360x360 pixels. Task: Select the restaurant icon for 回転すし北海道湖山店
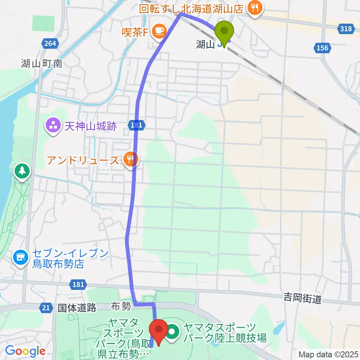[255, 8]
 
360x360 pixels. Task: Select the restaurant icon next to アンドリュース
[130, 160]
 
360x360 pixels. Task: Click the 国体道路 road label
[77, 308]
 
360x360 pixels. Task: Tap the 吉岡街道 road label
[302, 299]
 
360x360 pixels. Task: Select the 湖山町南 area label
[42, 63]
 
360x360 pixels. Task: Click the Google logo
[25, 351]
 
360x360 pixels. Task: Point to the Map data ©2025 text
[328, 354]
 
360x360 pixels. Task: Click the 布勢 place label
[120, 307]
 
